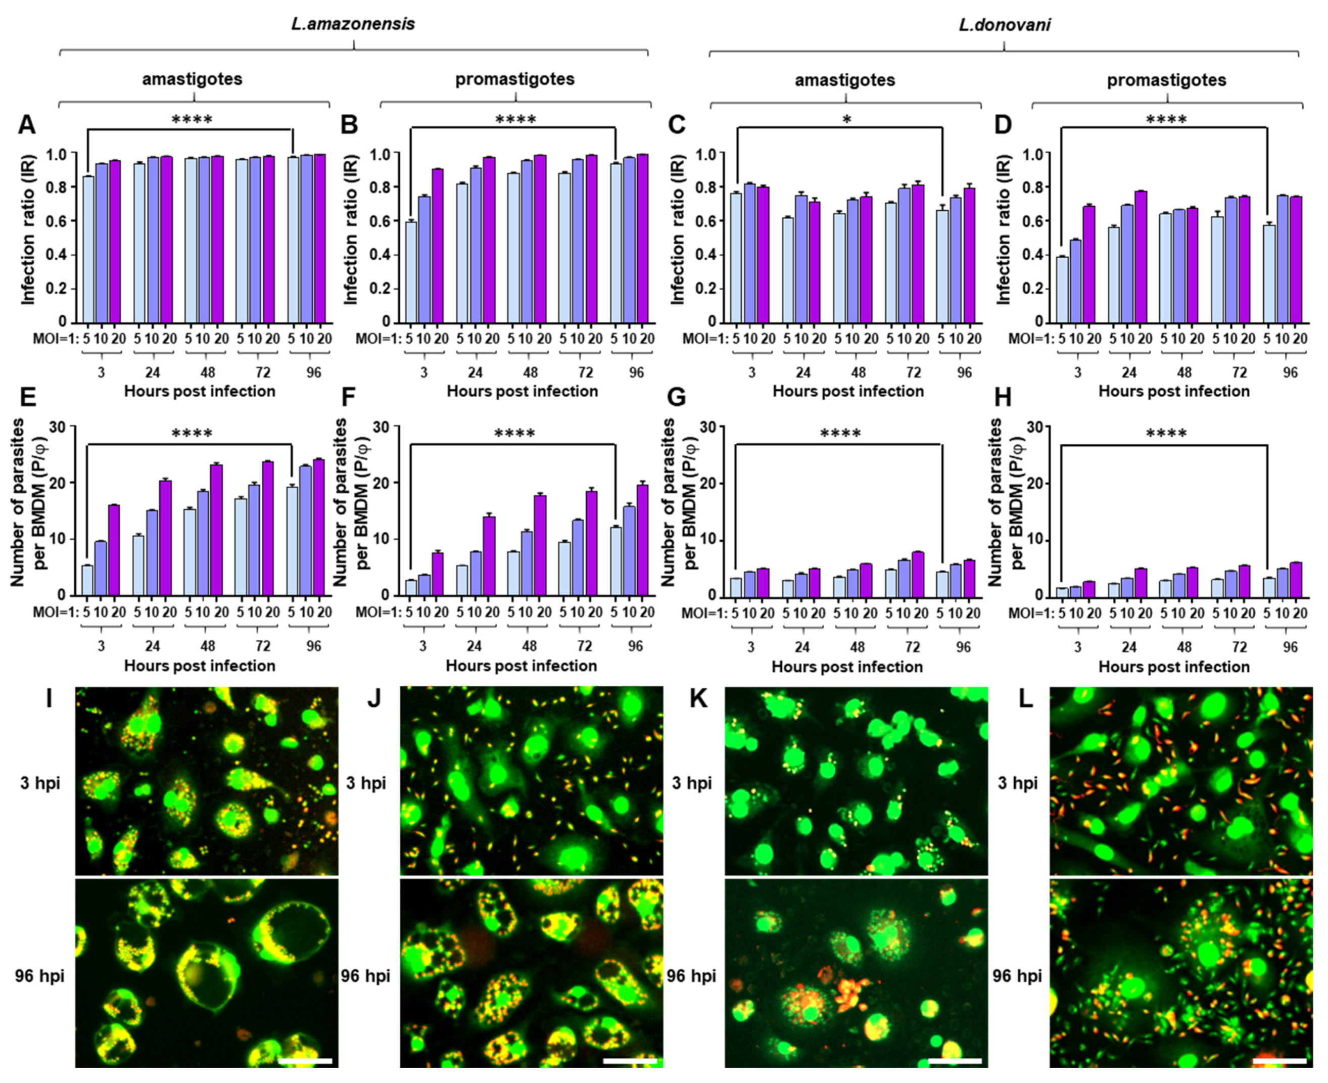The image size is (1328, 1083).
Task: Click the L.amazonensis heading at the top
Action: tap(353, 24)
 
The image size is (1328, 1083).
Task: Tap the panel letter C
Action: tap(676, 125)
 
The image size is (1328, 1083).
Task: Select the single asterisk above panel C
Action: tap(846, 119)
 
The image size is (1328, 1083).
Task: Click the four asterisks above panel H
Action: tap(1166, 434)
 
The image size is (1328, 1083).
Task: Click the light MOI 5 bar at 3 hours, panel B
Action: tap(410, 271)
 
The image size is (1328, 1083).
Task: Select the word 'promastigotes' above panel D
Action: tap(1166, 80)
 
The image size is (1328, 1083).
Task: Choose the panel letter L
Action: tap(1026, 699)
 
